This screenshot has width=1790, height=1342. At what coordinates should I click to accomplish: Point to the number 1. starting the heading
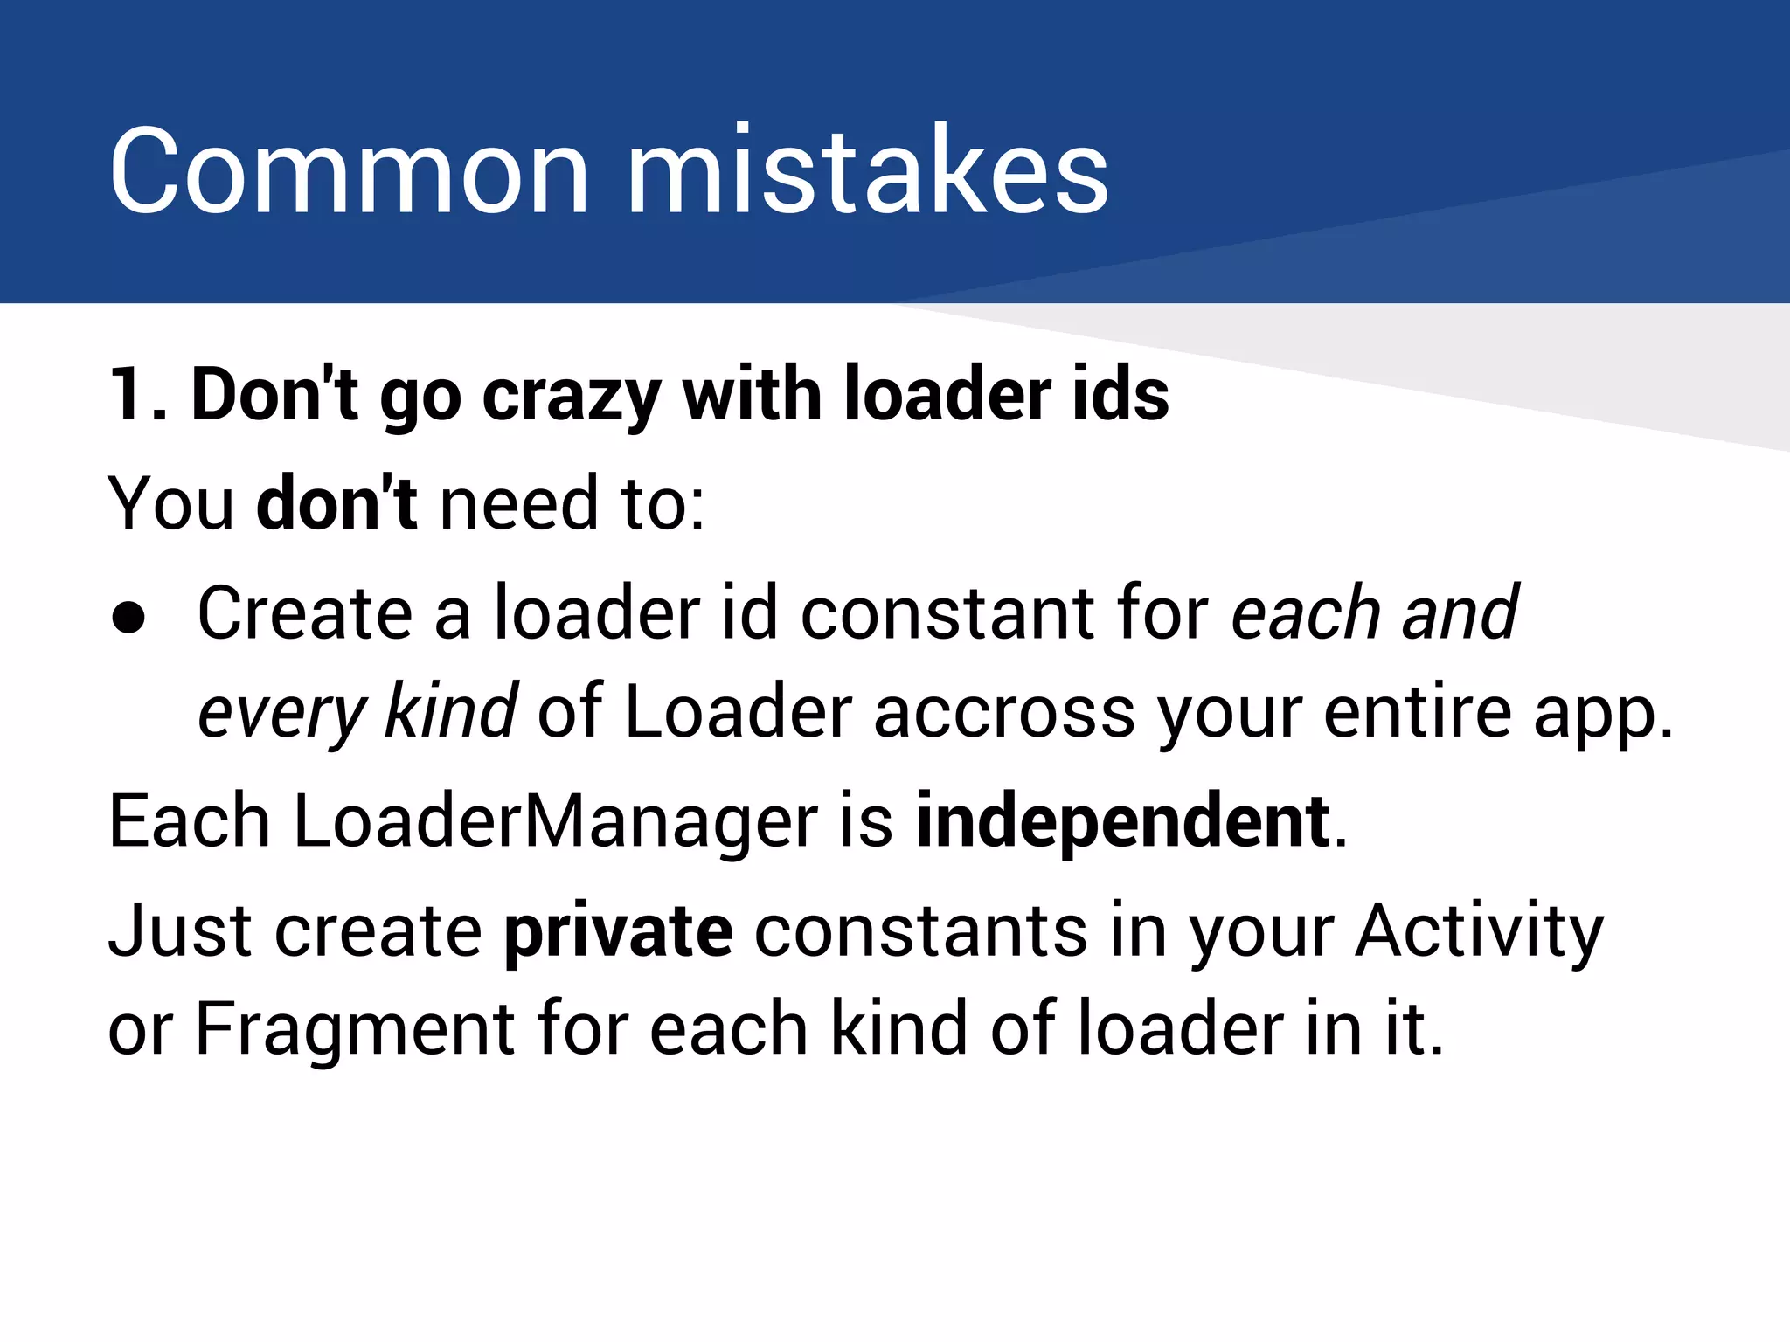[138, 395]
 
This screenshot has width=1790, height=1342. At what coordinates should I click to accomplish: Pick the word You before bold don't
[171, 504]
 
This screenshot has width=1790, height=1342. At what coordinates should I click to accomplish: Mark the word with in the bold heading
[751, 395]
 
